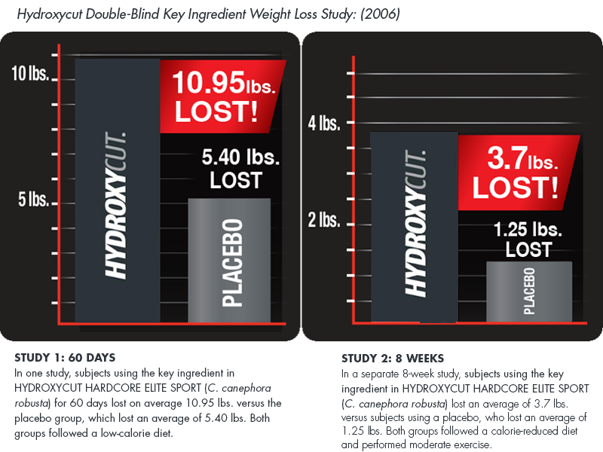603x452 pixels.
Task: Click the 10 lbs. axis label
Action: tap(29, 74)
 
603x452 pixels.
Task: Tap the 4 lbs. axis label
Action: tap(325, 123)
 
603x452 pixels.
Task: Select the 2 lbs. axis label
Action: tap(325, 221)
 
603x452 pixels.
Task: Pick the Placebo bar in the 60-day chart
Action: tap(228, 260)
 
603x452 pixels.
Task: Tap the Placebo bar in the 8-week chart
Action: tap(528, 290)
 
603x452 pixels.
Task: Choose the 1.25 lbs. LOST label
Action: tap(528, 238)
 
